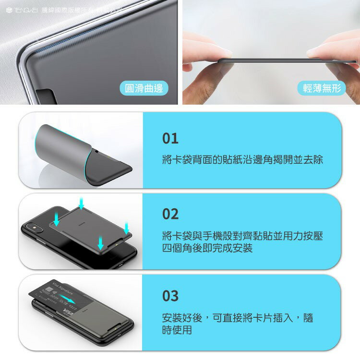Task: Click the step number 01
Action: (170, 138)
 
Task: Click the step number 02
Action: (170, 214)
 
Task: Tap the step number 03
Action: (170, 296)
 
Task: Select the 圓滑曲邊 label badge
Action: (144, 88)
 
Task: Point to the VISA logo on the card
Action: (69, 313)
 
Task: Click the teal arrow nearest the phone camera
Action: (57, 219)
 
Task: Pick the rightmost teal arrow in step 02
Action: (127, 227)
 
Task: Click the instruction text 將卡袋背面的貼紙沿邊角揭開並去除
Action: (242, 160)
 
